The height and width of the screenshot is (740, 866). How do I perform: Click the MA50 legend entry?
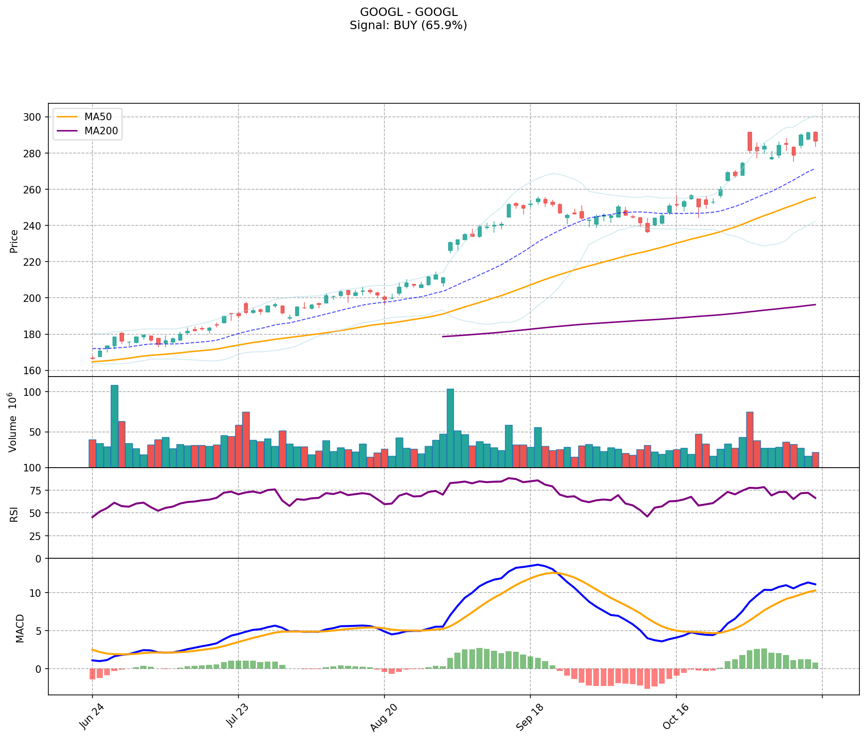98,117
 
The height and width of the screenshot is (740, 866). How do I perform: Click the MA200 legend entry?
101,131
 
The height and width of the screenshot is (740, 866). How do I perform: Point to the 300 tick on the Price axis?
33,117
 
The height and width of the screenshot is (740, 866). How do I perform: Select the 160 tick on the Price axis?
33,370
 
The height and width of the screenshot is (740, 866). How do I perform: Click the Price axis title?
14,241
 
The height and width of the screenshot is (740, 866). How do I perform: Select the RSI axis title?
14,514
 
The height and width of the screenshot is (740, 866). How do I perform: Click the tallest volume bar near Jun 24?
115,426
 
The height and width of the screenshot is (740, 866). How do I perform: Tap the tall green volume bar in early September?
450,428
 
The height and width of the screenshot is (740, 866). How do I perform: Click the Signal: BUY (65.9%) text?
408,25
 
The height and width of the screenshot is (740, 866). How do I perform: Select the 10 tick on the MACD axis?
36,593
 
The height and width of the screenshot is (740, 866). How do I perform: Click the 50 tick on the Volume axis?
36,432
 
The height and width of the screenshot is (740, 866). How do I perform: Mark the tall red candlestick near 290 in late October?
750,141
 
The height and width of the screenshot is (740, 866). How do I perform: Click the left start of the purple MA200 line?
443,337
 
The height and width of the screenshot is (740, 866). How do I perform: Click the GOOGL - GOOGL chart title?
408,12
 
